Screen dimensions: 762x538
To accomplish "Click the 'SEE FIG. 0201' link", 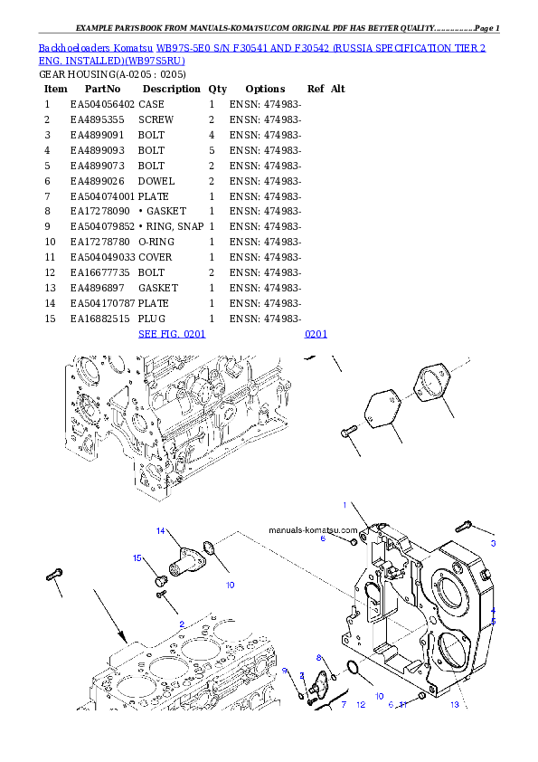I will tap(172, 334).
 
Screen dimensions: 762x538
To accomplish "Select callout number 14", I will tap(160, 530).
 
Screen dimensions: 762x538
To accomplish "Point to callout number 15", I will tap(138, 558).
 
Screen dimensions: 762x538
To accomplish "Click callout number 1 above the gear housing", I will tap(345, 504).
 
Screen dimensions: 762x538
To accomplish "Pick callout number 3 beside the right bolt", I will tap(493, 544).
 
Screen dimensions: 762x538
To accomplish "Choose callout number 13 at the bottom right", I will tap(455, 704).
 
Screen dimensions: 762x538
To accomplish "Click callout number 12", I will tap(360, 704).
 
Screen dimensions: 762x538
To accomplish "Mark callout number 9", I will tap(284, 671).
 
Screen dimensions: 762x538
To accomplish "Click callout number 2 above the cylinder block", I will tap(182, 624).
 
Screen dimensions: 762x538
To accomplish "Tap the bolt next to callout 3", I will tap(466, 524).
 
